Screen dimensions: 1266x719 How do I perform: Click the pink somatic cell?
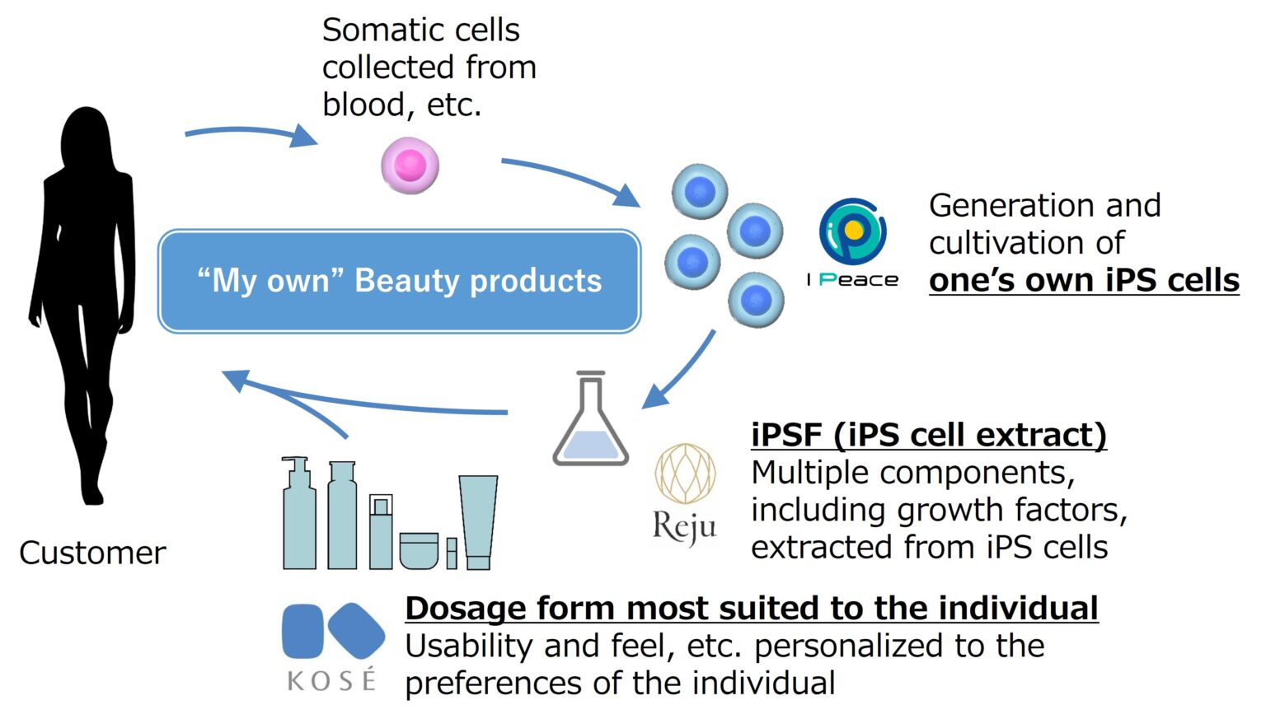[410, 166]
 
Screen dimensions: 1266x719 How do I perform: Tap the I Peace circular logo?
[853, 231]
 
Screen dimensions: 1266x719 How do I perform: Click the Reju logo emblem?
[685, 474]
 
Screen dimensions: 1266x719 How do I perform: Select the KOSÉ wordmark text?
[331, 679]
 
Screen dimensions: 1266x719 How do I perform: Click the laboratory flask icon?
[591, 418]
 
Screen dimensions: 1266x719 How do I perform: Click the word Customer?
[92, 553]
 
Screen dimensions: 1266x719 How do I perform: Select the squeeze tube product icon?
[478, 522]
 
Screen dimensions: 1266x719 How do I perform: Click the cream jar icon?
[419, 550]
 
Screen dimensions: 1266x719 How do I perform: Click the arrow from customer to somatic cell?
[251, 133]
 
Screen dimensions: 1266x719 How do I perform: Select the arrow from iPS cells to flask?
[678, 370]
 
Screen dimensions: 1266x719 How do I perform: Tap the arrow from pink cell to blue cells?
[571, 180]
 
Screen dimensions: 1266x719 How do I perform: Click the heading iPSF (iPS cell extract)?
[929, 436]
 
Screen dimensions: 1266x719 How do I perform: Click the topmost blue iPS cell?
[700, 191]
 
